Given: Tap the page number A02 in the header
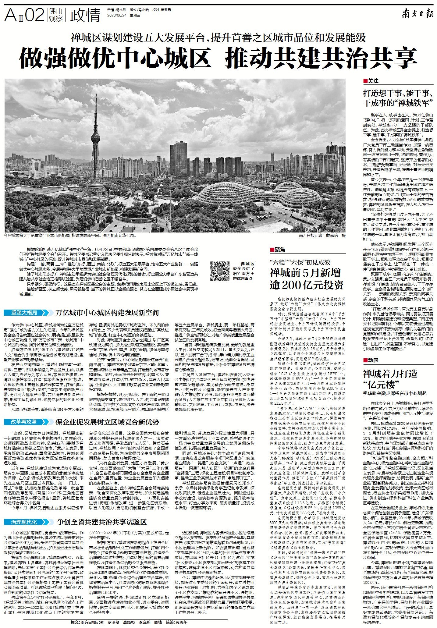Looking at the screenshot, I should [x=24, y=15].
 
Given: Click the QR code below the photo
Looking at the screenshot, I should [x=220, y=271].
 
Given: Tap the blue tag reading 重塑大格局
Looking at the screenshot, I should [x=26, y=313].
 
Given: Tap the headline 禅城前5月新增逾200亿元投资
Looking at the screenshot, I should [x=306, y=279].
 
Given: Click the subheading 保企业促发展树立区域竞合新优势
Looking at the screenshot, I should [x=107, y=422].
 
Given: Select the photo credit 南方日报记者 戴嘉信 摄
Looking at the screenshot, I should [x=322, y=236].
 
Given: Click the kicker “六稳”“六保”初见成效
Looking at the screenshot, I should [x=300, y=262].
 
